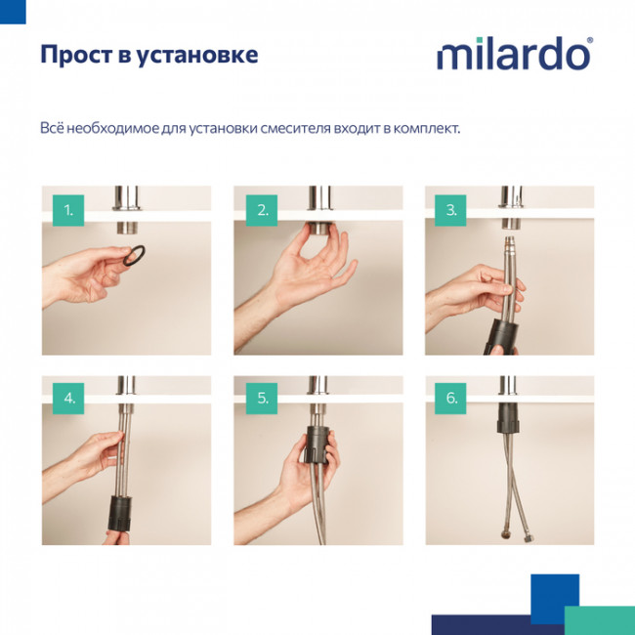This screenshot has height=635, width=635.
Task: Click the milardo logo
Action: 513,55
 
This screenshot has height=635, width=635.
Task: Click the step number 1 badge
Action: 68,209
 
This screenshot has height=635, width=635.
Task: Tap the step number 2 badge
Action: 262,209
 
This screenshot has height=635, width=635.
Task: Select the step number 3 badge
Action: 450,209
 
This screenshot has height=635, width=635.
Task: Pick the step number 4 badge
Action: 68,398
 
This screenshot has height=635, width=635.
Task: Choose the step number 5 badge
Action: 262,398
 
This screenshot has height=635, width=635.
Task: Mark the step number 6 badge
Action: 450,398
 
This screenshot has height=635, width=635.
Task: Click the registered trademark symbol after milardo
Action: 588,41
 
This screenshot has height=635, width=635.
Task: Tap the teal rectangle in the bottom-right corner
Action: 599,619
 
